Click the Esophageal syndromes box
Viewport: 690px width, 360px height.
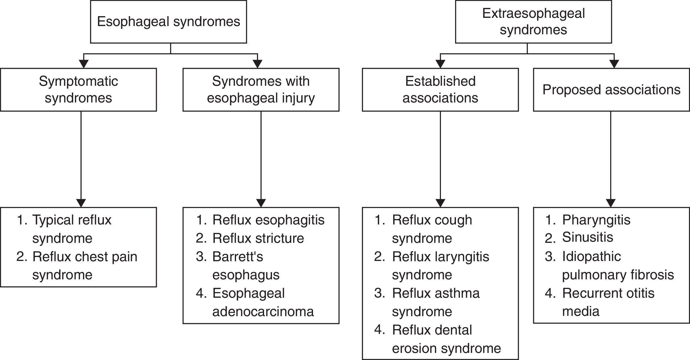tap(168, 22)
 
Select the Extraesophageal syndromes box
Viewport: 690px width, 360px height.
tap(533, 22)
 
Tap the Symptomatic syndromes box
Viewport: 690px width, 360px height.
tap(78, 89)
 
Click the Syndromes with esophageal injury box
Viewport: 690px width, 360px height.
tap(261, 89)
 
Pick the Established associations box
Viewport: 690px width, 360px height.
tap(440, 89)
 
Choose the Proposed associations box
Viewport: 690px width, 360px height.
tap(611, 89)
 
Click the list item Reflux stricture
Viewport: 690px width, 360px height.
tap(258, 238)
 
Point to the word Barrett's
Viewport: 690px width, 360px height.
tap(237, 257)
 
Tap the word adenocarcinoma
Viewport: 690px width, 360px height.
tap(263, 312)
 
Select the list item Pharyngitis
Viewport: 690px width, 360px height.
tap(596, 220)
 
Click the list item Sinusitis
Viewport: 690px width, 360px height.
tap(587, 237)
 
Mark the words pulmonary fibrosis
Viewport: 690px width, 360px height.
tap(618, 275)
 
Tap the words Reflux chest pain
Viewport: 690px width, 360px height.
tap(85, 257)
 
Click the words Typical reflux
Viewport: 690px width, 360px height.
tap(72, 220)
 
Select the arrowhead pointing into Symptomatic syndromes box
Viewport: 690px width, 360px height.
tap(83, 64)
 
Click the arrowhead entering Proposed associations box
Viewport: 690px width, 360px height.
tap(614, 64)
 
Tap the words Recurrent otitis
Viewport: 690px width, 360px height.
tap(608, 293)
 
